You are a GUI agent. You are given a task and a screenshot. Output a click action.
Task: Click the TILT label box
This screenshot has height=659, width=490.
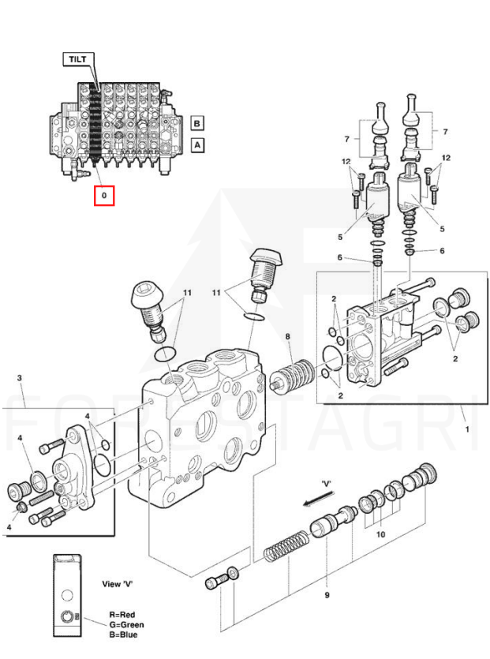point(77,58)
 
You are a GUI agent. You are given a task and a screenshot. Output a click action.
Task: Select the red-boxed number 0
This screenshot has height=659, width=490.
point(104,194)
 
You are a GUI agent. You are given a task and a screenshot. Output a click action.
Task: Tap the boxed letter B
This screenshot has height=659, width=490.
point(196,123)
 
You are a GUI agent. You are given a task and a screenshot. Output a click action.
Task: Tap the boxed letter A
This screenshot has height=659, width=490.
point(196,145)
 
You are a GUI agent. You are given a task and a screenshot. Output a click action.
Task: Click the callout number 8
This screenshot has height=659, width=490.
point(288,337)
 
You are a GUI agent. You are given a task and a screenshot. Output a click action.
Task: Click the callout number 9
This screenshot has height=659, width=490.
point(327,595)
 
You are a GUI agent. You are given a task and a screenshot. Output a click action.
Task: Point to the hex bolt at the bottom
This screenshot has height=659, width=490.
point(215,582)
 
